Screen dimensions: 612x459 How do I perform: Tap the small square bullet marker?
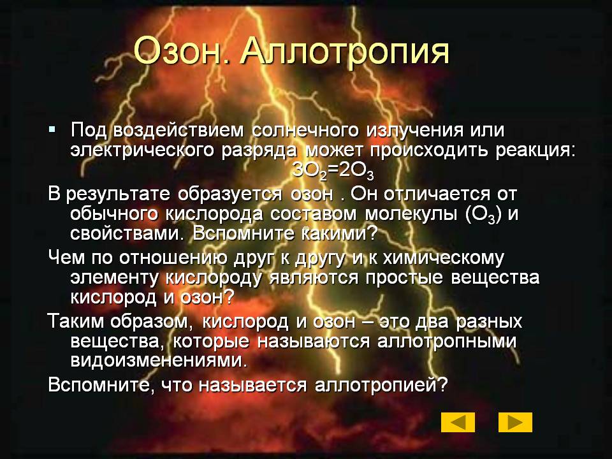click(52, 128)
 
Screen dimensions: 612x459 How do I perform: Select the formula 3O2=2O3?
click(333, 171)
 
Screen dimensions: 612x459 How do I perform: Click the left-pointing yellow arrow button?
click(458, 422)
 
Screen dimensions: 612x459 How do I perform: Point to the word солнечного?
click(305, 131)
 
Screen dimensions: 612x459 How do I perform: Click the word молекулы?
click(411, 215)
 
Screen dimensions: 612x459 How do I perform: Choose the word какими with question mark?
click(340, 233)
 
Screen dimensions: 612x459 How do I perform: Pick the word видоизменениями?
click(159, 360)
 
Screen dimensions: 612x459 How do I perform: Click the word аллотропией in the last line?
click(381, 386)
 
